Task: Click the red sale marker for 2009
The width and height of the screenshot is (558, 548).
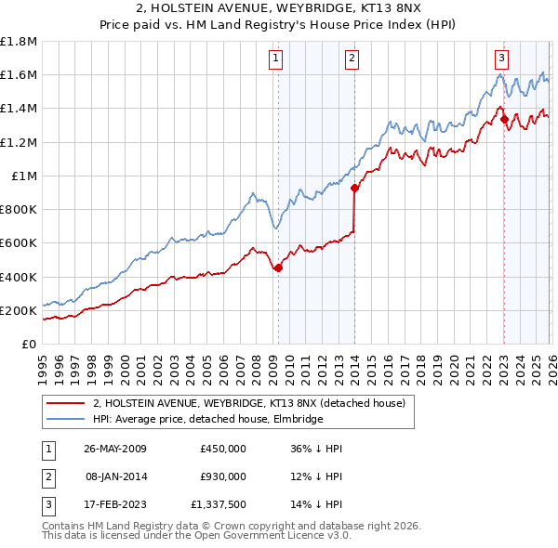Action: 278,267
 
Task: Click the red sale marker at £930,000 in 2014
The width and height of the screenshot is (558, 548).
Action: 354,188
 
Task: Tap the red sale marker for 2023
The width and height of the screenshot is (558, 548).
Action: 504,119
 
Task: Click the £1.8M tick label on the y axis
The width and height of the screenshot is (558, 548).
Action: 19,42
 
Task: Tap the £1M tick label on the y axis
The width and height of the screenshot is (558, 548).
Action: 23,176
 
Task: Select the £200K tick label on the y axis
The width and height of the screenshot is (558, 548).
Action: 19,310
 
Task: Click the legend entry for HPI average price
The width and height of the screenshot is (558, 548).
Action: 207,420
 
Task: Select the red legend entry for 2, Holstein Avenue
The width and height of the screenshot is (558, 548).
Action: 248,404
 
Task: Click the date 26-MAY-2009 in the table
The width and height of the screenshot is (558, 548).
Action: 114,449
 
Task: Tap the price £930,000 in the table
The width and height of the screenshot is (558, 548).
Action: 222,476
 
